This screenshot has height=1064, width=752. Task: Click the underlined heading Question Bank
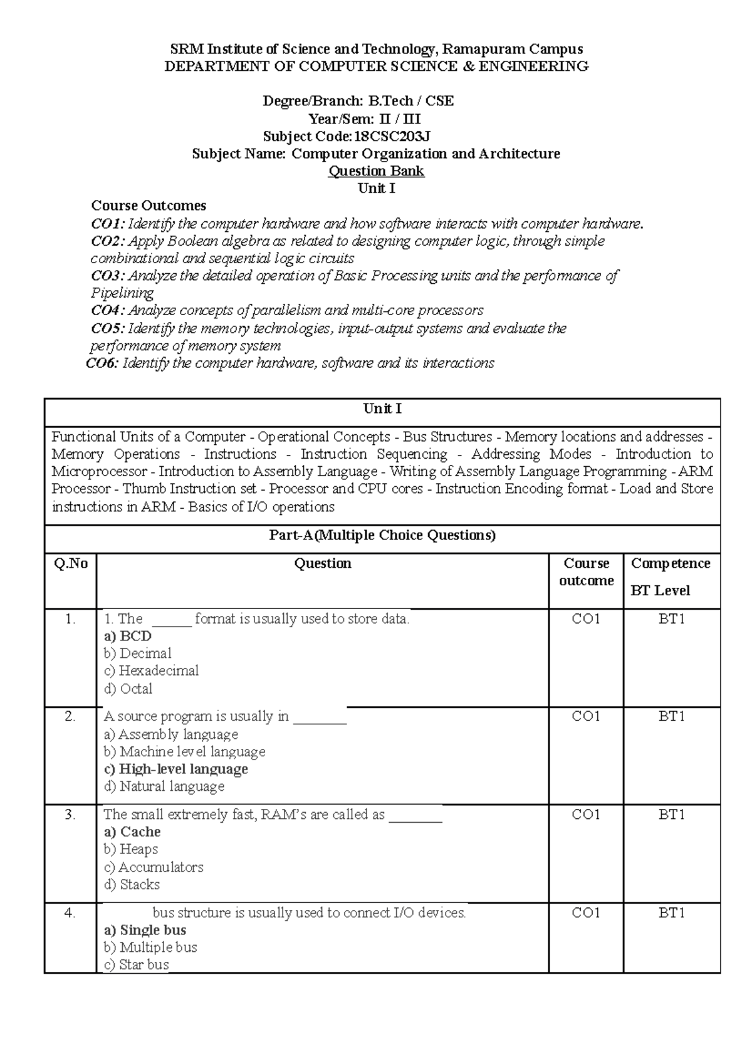click(x=376, y=171)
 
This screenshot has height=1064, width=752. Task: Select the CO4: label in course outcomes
click(x=108, y=311)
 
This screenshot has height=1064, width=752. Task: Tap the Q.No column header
click(x=71, y=564)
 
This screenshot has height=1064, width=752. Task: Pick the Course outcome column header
click(x=586, y=572)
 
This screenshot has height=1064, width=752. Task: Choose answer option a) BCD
click(x=128, y=636)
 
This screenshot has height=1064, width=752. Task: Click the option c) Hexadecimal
click(x=151, y=671)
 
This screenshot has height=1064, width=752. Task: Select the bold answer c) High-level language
click(x=175, y=769)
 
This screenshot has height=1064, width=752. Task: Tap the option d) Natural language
click(x=164, y=787)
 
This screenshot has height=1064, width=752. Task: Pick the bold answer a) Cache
click(x=132, y=832)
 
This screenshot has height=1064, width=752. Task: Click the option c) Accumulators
click(x=154, y=868)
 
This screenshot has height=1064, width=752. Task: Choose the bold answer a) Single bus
click(x=145, y=931)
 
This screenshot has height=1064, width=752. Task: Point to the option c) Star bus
click(x=136, y=965)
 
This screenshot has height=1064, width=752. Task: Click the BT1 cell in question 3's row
click(x=671, y=815)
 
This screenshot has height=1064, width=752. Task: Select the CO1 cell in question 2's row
click(x=586, y=717)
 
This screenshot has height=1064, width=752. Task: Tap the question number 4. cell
click(x=70, y=914)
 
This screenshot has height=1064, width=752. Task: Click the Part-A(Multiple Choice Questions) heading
click(x=382, y=536)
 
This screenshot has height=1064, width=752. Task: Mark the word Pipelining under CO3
click(x=122, y=293)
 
